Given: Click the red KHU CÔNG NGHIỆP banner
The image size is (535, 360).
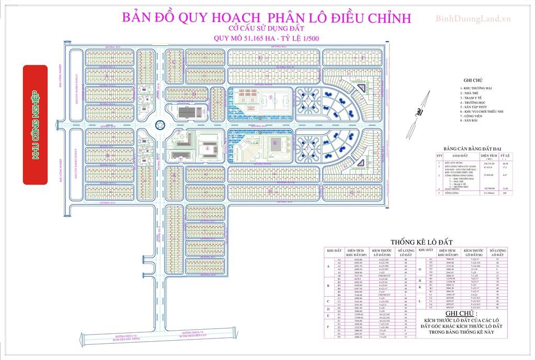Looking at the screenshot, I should pyautogui.click(x=36, y=124).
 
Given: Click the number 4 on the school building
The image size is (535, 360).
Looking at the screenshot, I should pyautogui.click(x=208, y=148).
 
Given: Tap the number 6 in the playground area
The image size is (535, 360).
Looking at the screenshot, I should pyautogui.click(x=275, y=142).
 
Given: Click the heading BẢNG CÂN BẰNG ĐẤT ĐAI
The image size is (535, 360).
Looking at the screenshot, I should pyautogui.click(x=474, y=148).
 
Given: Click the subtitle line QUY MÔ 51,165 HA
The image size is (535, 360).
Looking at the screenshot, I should pyautogui.click(x=267, y=37).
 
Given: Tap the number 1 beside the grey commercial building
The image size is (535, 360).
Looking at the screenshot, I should pyautogui.click(x=203, y=111).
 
